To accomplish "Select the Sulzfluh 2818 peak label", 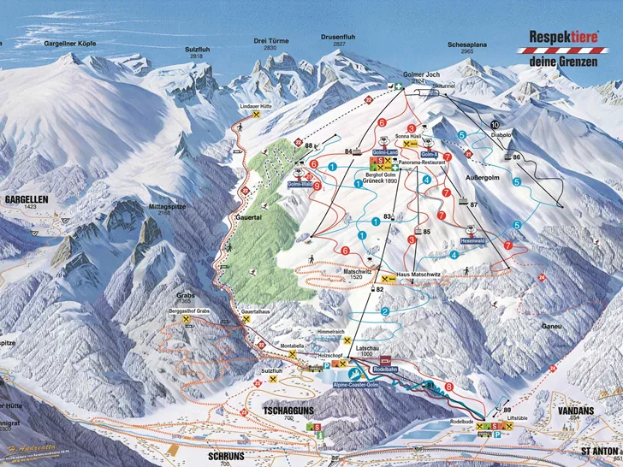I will (198, 50).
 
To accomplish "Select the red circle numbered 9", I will (317, 185).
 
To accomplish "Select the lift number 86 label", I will (516, 157).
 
